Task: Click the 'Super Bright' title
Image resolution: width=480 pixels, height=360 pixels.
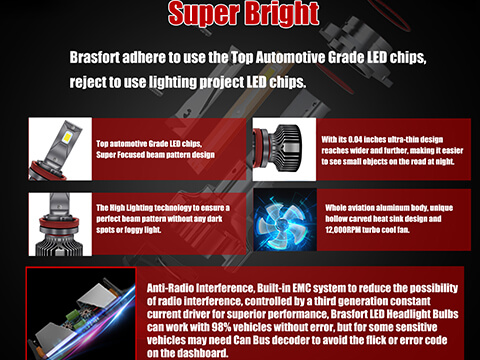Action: point(240,14)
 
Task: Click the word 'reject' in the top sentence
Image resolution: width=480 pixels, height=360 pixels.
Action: point(91,80)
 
